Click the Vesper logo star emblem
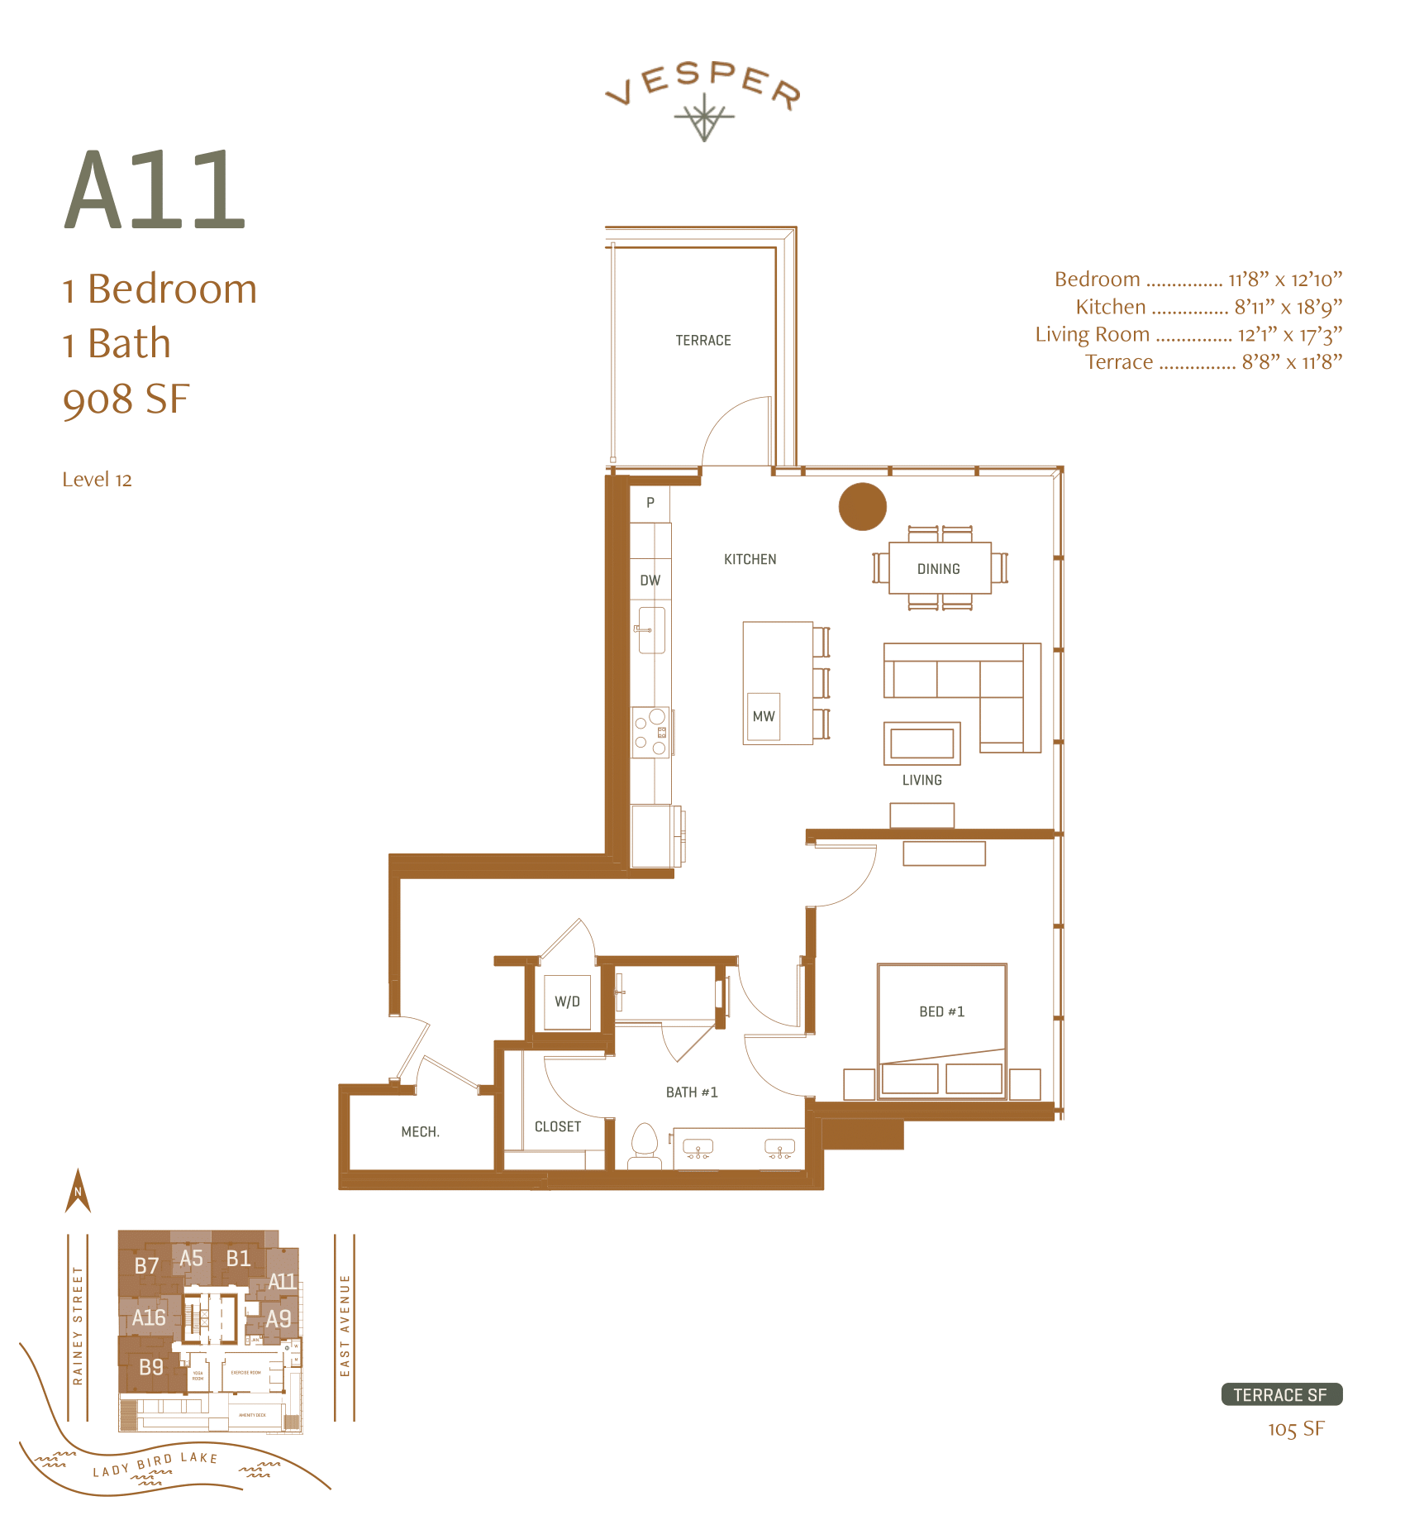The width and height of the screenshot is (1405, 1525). [703, 117]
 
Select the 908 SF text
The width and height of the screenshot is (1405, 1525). [126, 399]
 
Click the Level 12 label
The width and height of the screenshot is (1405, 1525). [97, 480]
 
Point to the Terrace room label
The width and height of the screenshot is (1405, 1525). [702, 341]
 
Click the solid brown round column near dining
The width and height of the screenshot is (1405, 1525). [862, 506]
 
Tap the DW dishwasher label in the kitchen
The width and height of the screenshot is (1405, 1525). [650, 581]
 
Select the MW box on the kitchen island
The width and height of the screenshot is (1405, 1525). [763, 716]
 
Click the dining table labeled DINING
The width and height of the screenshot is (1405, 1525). [939, 569]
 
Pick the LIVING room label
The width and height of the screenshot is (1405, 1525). [922, 780]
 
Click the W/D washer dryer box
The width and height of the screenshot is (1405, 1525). [567, 1002]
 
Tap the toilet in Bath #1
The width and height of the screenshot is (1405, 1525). [644, 1145]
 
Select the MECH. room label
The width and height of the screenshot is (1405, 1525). [420, 1131]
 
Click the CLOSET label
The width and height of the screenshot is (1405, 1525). [557, 1126]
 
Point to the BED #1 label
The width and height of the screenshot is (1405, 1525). [941, 1011]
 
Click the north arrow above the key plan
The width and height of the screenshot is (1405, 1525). [78, 1192]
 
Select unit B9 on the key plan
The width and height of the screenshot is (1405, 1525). [150, 1367]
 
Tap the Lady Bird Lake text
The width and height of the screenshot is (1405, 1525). [155, 1464]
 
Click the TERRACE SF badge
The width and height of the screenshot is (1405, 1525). [1281, 1395]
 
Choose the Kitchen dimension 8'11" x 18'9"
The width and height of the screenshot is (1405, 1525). [1288, 307]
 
